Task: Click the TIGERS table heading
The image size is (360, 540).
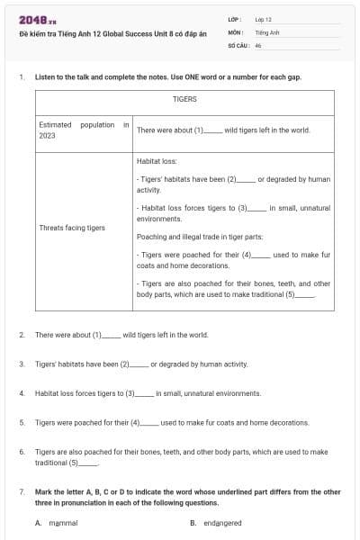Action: [x=184, y=99]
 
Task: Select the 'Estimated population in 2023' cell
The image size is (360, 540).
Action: [x=84, y=130]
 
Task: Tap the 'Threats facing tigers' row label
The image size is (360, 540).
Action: [x=72, y=228]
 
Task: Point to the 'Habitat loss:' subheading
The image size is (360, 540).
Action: [x=157, y=158]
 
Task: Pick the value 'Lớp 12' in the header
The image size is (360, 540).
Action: [x=264, y=19]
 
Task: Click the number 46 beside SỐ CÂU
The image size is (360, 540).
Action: [x=258, y=44]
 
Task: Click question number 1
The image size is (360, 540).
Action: [x=21, y=77]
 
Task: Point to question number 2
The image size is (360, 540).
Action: [x=21, y=335]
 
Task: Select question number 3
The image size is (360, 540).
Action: [x=21, y=364]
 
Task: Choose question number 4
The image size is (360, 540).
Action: [x=21, y=393]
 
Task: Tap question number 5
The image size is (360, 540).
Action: [x=21, y=422]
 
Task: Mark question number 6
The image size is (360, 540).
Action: [x=21, y=451]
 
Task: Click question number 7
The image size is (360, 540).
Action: [x=21, y=492]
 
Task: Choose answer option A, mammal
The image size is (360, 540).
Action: [x=57, y=523]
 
